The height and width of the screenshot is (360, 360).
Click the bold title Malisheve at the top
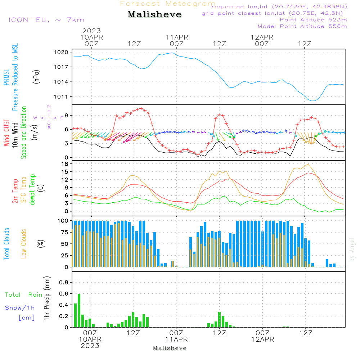coord(154,15)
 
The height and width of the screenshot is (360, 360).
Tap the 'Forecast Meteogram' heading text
coord(168,4)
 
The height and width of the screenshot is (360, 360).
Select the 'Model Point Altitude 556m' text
coord(302,26)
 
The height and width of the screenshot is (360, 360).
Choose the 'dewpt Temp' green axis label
coord(32,190)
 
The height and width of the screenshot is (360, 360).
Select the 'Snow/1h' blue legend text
coord(20,308)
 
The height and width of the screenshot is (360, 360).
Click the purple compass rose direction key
coord(49,117)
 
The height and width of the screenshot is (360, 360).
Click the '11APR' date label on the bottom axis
coord(177,339)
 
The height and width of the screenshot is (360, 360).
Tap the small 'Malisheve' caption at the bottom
coord(170,348)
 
